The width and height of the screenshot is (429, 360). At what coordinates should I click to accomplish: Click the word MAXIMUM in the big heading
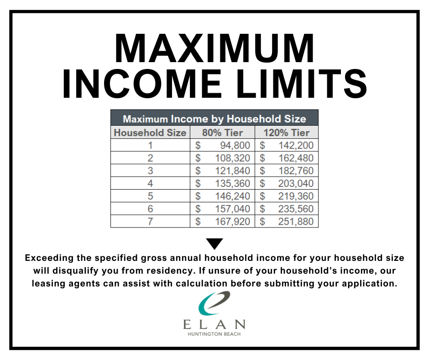214,48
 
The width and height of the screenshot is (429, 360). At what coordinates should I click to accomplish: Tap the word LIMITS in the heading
302,84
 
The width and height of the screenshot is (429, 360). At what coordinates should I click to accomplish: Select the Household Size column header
150,132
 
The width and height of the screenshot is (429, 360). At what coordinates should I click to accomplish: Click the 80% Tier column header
222,132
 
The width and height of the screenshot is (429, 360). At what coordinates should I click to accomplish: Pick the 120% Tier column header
286,132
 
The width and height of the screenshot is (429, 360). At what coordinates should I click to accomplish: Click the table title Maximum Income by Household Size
214,119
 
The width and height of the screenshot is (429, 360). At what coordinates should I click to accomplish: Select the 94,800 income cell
235,145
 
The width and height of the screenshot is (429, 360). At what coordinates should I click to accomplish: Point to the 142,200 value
296,145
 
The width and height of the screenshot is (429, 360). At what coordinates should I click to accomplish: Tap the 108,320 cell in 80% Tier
233,158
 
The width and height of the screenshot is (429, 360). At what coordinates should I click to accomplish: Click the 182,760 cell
296,171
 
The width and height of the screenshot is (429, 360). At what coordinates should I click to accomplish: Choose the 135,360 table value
233,183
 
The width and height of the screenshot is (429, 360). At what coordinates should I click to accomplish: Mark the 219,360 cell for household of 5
296,196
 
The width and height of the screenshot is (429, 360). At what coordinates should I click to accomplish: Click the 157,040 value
233,209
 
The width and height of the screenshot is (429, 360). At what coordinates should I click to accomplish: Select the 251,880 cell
296,222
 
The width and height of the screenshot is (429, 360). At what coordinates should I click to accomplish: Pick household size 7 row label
150,222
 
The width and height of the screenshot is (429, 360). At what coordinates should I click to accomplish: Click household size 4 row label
150,183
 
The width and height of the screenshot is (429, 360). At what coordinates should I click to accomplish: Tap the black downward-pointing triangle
214,243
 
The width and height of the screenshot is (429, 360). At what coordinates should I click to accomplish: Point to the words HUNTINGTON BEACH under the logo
214,334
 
